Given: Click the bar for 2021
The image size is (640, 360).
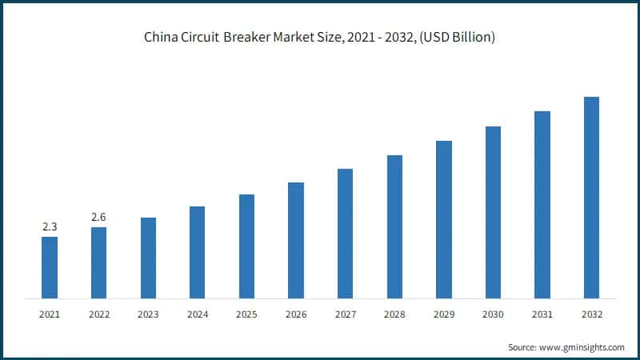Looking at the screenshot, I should coord(50,267).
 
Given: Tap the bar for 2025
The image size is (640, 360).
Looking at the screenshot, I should coord(246,246).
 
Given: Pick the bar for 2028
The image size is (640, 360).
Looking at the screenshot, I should coord(394,226).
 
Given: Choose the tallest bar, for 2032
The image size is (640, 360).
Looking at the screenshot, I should coord(591,198).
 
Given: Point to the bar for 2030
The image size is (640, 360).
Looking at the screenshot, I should coord(493,212).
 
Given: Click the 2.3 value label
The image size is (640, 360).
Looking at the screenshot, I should coord(50,227).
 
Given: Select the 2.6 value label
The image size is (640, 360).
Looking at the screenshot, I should coord(98,218).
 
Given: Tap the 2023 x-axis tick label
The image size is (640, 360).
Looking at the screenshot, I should coord(148,314).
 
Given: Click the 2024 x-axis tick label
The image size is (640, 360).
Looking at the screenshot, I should coord(198,314).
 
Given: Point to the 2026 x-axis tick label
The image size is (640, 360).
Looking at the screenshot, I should coord(296,314).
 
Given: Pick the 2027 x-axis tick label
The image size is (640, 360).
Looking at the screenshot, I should coord(345,314).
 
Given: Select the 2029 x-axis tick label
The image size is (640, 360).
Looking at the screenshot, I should coord(444,314).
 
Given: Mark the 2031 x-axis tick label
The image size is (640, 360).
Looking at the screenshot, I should coord(542,314).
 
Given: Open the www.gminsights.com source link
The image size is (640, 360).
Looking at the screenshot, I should coord(581,347).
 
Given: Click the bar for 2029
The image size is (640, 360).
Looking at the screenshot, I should coord(444,219).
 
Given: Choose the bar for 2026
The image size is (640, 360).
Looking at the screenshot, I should coord(296,240).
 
